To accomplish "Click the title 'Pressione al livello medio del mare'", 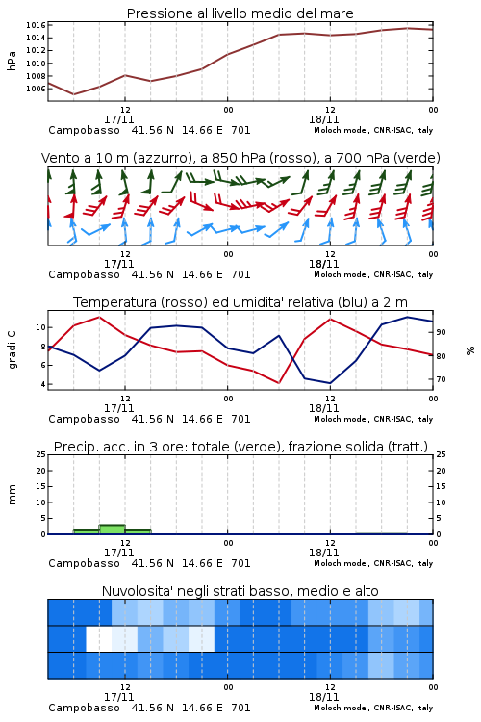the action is [240, 13].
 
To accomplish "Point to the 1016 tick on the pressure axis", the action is [36, 25].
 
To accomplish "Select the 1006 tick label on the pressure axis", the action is [36, 89].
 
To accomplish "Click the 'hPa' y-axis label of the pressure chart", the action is [12, 61].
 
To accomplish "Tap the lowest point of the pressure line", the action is [74, 94].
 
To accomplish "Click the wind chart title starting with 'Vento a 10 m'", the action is [240, 158].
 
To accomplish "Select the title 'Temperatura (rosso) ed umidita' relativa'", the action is [240, 302].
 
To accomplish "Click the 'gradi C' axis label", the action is [13, 349].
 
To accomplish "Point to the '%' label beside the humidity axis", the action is [470, 350].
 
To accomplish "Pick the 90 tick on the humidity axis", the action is [441, 332].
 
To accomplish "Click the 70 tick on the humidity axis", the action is [441, 379].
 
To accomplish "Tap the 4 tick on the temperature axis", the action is [43, 384].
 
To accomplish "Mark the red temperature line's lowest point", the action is [278, 382].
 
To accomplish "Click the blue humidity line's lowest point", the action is [330, 383].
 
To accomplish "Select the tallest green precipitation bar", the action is [113, 529].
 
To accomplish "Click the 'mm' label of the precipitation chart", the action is [12, 494].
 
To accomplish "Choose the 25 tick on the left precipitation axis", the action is [41, 454].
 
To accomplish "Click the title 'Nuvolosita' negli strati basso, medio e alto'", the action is [240, 591].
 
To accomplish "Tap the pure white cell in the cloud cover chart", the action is [99, 638].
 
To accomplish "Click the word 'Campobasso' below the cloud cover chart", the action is [84, 708].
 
